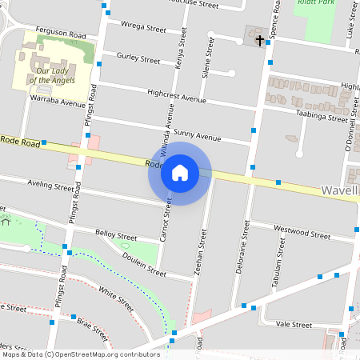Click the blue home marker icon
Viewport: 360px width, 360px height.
[x=180, y=173]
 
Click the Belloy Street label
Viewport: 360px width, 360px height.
[x=116, y=236]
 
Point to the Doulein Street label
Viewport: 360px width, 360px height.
[x=144, y=266]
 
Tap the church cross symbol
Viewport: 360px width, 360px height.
[x=259, y=38]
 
